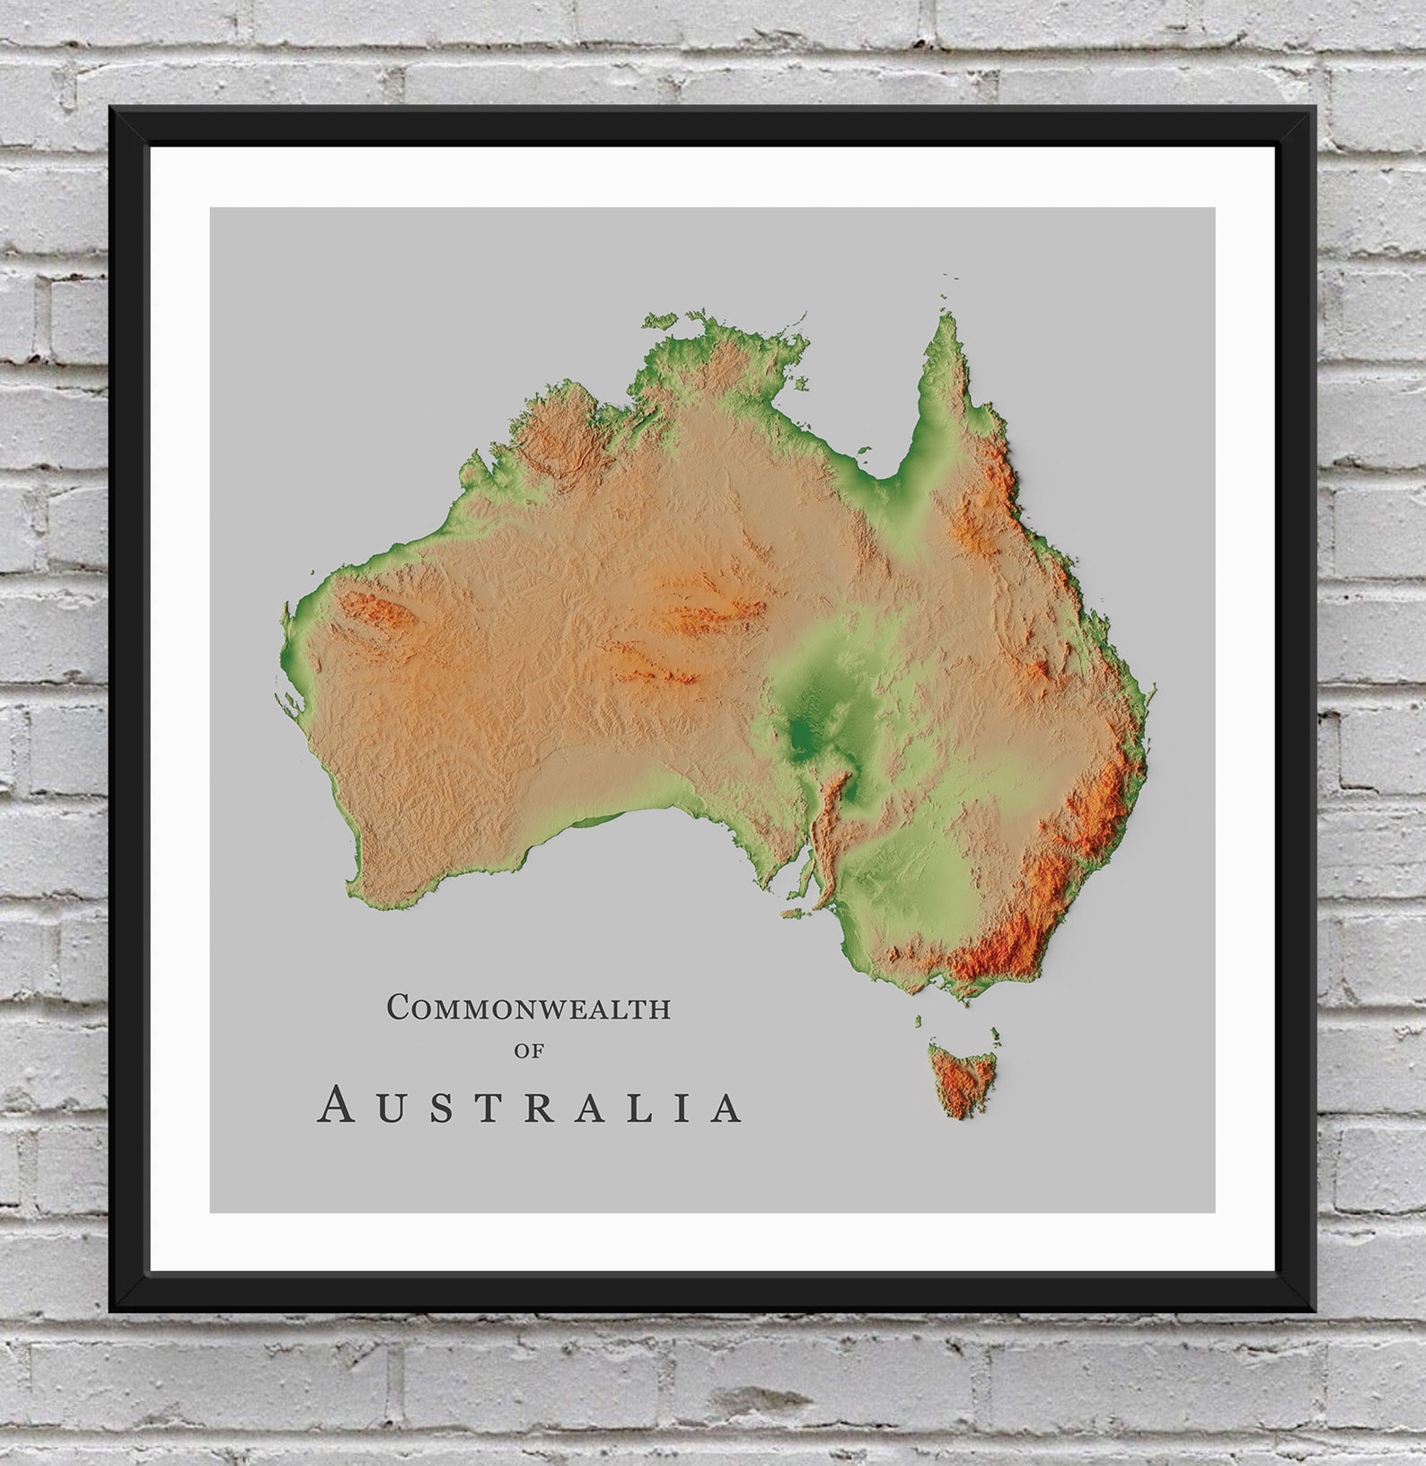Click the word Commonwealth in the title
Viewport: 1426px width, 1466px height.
pos(529,1008)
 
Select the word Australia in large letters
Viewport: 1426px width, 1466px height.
pos(531,1106)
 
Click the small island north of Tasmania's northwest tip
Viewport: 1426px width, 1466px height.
pos(918,1020)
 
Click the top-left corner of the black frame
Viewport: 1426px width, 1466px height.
pos(111,109)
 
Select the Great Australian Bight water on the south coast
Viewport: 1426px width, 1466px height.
pos(611,862)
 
